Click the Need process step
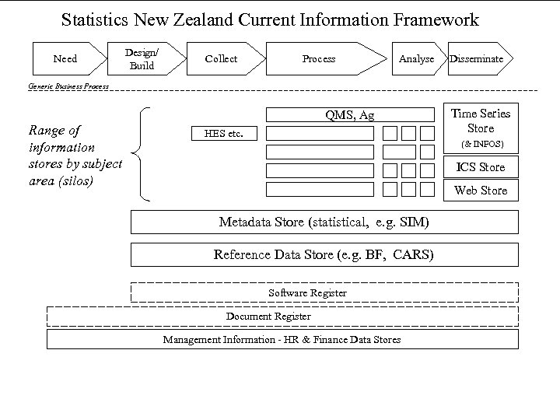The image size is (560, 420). tap(65, 59)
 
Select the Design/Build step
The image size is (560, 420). tap(142, 59)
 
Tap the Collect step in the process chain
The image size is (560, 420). tap(221, 59)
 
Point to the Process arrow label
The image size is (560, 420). tap(319, 59)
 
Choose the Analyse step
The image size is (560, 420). tap(416, 59)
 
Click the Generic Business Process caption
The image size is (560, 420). tap(68, 86)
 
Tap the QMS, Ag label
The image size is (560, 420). tap(349, 115)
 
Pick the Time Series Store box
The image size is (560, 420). tap(481, 121)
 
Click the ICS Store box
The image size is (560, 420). tap(481, 166)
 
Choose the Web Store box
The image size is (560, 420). tap(481, 190)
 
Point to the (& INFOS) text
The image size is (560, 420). tap(482, 145)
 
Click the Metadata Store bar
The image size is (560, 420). tap(324, 222)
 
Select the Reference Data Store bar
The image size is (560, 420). tap(324, 254)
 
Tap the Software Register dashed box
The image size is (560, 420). tap(324, 292)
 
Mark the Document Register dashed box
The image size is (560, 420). tap(268, 316)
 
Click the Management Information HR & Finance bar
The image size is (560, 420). tap(282, 340)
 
